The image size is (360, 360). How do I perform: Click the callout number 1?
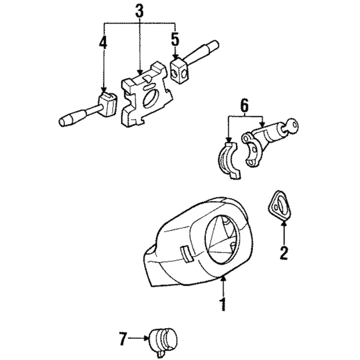222,305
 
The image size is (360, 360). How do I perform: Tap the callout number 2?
283,252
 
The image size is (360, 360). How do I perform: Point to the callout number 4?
103,43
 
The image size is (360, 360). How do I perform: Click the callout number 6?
244,106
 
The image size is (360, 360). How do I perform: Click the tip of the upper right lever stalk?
213,45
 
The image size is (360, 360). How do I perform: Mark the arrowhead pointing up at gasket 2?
283,221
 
